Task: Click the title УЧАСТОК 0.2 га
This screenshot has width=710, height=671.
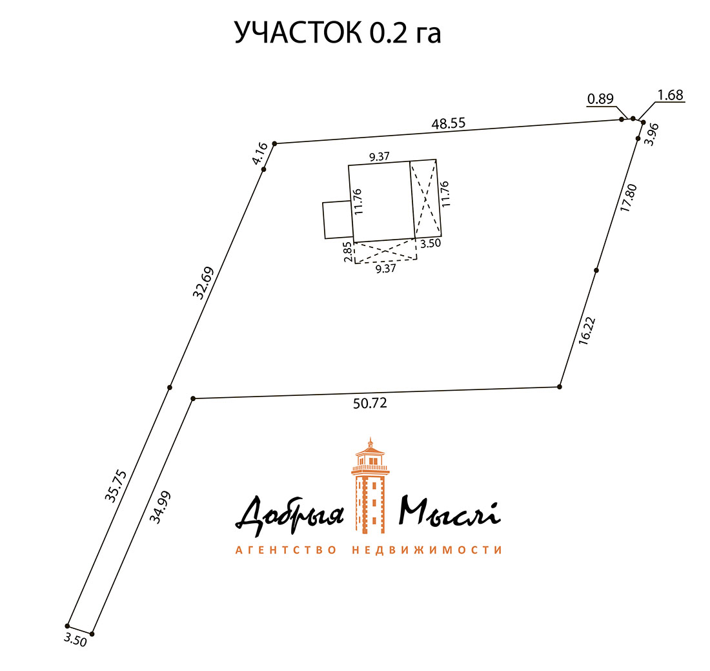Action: tap(338, 33)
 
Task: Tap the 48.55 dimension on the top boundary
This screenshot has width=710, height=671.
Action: tap(449, 123)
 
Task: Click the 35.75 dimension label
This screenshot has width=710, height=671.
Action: tap(117, 486)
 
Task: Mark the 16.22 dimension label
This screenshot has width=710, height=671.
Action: tap(587, 331)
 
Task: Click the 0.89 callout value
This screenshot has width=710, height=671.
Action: tap(600, 99)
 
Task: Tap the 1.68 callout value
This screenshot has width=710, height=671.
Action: tap(670, 96)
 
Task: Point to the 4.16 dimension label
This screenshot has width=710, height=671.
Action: tap(259, 156)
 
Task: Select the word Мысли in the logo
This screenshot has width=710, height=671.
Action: tap(449, 513)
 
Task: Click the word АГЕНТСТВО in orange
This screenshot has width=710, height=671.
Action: tap(286, 550)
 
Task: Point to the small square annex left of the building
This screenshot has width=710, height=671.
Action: tap(337, 220)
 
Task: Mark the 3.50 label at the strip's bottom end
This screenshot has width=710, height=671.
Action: tap(75, 639)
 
